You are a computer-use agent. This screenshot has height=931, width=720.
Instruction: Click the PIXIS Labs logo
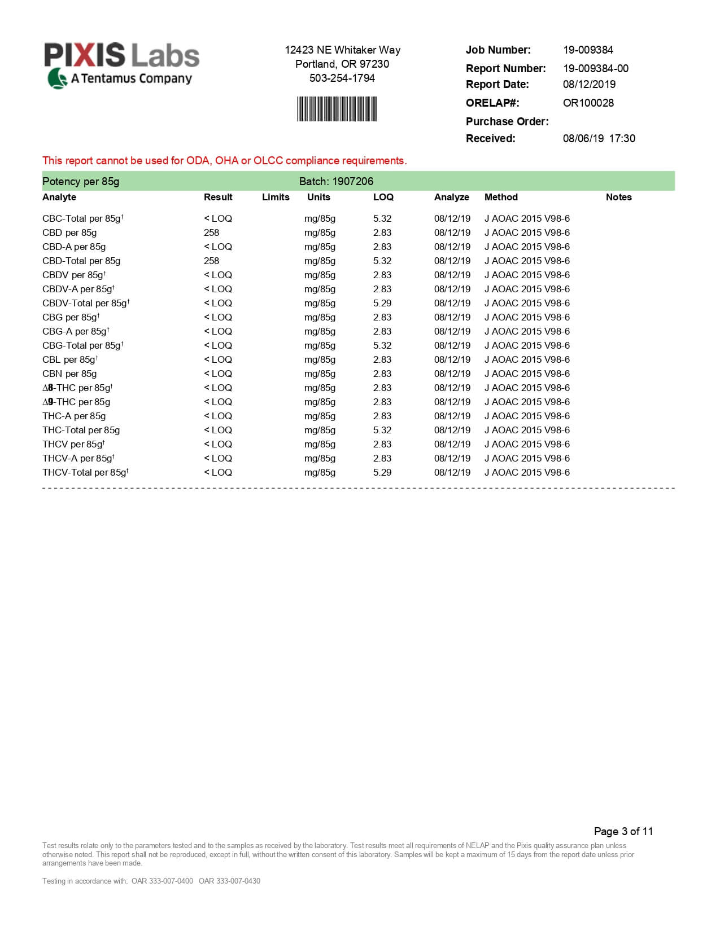[x=121, y=65]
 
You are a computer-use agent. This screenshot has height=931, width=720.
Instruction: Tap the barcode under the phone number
[x=337, y=109]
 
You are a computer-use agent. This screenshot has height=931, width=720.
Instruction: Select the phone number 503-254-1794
[x=342, y=78]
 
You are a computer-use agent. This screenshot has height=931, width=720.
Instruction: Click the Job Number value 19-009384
[x=587, y=50]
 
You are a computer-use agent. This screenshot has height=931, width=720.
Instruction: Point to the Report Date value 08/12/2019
[x=589, y=84]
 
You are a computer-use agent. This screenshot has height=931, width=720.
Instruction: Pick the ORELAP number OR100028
[x=588, y=103]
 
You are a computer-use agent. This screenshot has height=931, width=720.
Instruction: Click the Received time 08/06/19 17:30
[x=599, y=138]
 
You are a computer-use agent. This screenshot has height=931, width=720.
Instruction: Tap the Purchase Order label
[x=507, y=121]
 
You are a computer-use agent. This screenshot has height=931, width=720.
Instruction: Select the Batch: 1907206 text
[x=336, y=181]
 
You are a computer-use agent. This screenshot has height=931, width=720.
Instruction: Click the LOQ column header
[x=383, y=197]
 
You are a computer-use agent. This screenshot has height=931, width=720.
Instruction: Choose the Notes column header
[x=618, y=197]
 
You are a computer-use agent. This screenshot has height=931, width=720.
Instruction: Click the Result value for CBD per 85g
[x=211, y=232]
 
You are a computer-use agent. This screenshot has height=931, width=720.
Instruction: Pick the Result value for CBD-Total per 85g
[x=211, y=261]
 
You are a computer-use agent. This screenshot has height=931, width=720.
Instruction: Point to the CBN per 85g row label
[x=69, y=374]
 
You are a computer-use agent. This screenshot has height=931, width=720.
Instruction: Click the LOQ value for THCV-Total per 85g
[x=382, y=472]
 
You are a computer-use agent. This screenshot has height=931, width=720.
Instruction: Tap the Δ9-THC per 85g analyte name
[x=76, y=402]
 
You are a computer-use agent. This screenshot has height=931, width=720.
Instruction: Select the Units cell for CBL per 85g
[x=320, y=359]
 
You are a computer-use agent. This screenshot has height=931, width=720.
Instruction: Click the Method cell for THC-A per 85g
[x=527, y=416]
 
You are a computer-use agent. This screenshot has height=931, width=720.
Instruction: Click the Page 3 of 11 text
[x=623, y=831]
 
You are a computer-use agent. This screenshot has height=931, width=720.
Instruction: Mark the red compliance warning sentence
[x=224, y=160]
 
